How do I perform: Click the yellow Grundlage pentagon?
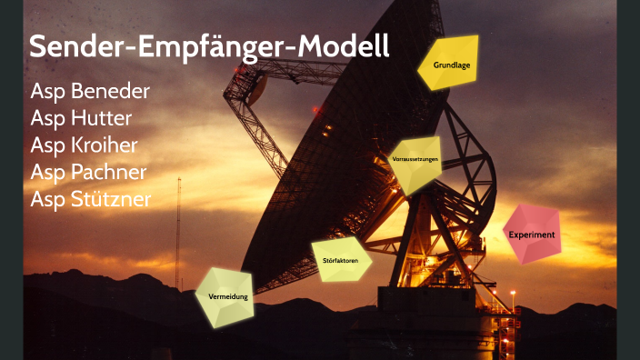450,65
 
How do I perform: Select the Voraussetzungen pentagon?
415,162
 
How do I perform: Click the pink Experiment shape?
531,234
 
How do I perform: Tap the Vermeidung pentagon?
226,297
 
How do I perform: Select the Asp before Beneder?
46,92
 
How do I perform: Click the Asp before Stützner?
46,198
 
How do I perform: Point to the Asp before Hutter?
46,118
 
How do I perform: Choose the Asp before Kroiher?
46,145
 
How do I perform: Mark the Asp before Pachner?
46,172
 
